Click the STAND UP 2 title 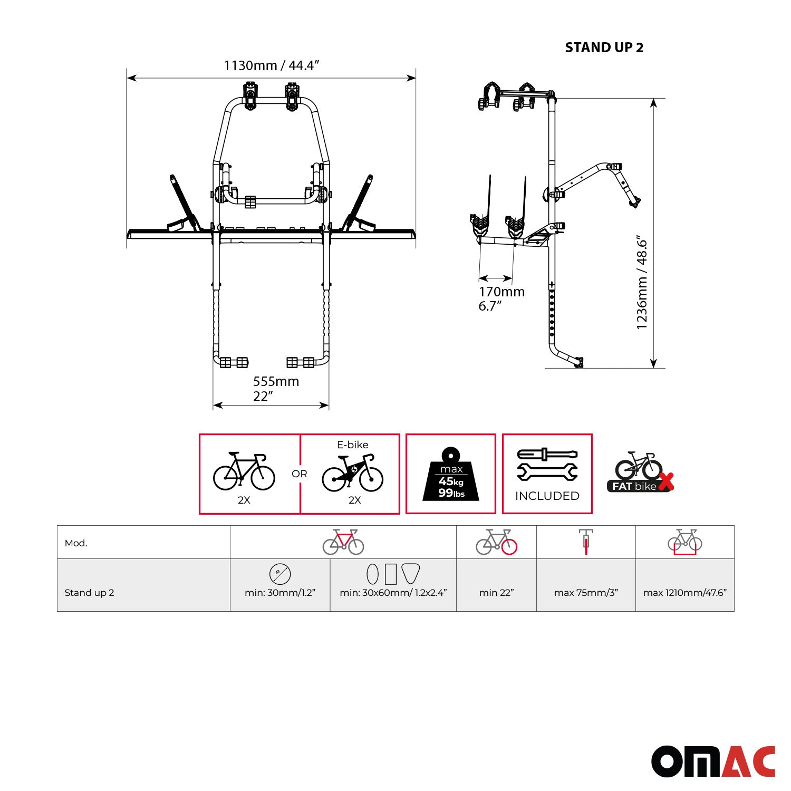(x=604, y=47)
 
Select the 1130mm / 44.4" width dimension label (x=271, y=65)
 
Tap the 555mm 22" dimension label (x=275, y=388)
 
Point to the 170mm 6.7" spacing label (x=501, y=298)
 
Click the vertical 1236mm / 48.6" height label (x=642, y=283)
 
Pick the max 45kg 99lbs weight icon (x=451, y=475)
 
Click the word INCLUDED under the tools (x=547, y=496)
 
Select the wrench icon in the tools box (x=547, y=472)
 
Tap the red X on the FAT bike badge (x=666, y=481)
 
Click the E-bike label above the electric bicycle (x=352, y=445)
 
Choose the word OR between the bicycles (x=299, y=474)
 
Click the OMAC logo (x=713, y=761)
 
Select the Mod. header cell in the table (x=76, y=543)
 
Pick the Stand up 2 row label (x=89, y=593)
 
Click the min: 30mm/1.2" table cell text (x=280, y=593)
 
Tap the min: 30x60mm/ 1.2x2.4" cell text (x=393, y=593)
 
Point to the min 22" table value (x=496, y=593)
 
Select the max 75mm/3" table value (x=586, y=593)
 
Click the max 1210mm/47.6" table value (x=684, y=593)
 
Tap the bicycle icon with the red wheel (x=496, y=542)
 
